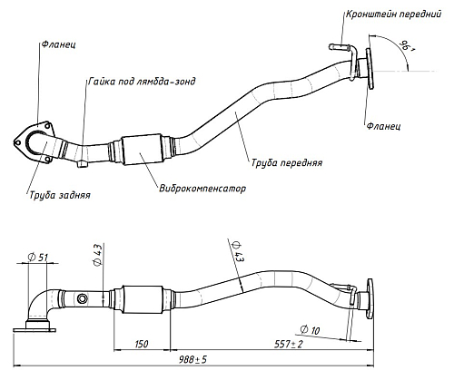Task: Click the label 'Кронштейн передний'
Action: point(393,15)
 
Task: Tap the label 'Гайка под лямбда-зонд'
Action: point(142,82)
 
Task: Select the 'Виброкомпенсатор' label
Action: point(202,189)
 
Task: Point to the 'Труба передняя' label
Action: point(287,162)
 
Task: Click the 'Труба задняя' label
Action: point(60,195)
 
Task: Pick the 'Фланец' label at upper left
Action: point(58,44)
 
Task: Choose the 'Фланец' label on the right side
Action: point(383,126)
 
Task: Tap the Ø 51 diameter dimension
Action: point(38,258)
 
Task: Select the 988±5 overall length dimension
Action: point(192,360)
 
